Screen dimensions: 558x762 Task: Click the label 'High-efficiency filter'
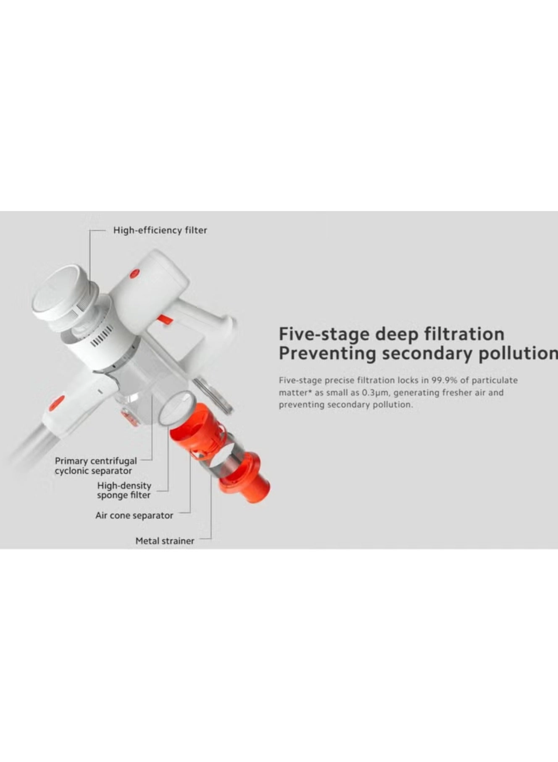tap(160, 230)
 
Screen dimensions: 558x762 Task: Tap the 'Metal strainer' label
tap(165, 541)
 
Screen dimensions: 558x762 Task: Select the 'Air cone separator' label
tap(134, 516)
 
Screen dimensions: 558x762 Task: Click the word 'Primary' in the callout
tap(71, 461)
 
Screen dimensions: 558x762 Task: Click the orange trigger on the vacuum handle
tap(164, 319)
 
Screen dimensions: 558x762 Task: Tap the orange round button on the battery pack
tap(135, 274)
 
